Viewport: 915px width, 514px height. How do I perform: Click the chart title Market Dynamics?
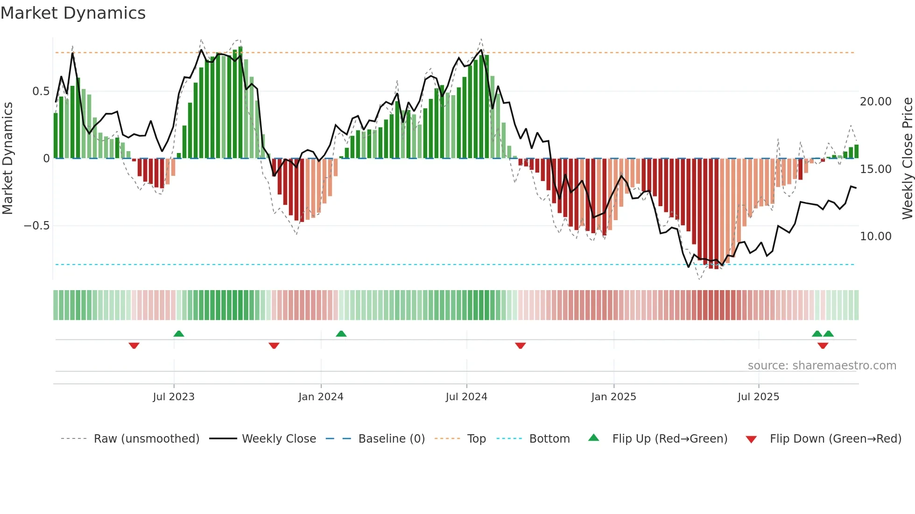(73, 13)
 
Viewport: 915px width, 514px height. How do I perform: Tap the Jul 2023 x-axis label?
(174, 397)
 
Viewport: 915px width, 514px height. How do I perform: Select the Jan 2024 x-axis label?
(321, 397)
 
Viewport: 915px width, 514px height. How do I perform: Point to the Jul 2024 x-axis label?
(466, 397)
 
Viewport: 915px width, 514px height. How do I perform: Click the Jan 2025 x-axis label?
(613, 397)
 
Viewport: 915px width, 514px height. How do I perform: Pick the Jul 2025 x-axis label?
(758, 397)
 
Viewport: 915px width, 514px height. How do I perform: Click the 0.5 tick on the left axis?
(41, 91)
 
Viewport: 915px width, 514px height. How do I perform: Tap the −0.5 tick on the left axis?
(36, 226)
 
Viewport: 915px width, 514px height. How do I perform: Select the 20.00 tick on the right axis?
(875, 102)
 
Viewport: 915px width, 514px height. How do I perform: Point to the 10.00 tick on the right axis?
(875, 236)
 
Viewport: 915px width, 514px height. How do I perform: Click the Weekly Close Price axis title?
(907, 159)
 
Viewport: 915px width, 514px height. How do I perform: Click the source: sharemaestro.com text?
(822, 366)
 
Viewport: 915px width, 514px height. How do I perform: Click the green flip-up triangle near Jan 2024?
(341, 333)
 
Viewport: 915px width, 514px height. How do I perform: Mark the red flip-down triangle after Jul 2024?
(521, 346)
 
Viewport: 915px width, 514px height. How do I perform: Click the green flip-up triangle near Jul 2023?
(179, 333)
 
